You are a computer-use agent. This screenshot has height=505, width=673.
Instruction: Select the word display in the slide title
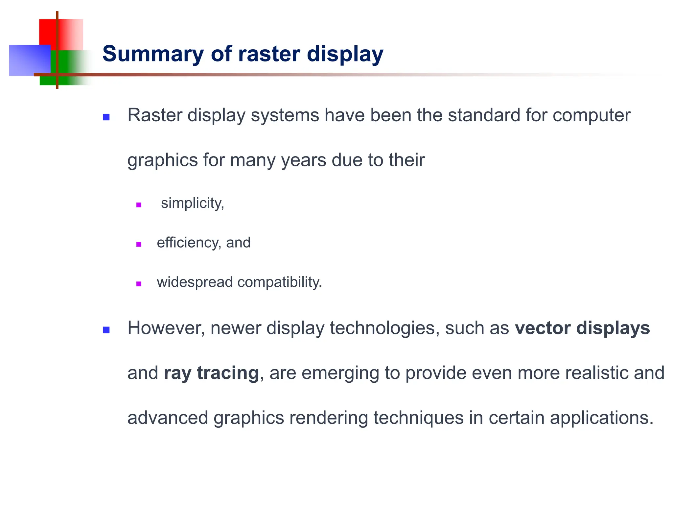[x=345, y=54]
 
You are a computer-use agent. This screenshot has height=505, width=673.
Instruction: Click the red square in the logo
[x=48, y=31]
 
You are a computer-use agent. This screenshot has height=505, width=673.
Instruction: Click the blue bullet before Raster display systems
[x=106, y=117]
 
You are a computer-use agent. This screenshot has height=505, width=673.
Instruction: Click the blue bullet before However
[x=106, y=330]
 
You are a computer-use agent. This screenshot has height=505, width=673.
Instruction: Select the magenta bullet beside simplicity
[x=139, y=205]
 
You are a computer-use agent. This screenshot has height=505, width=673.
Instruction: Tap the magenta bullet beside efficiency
[x=139, y=244]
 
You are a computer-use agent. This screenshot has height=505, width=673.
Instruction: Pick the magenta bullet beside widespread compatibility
[x=139, y=284]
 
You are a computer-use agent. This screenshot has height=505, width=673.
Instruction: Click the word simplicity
[x=192, y=203]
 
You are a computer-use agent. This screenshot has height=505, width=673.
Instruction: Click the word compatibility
[x=279, y=282]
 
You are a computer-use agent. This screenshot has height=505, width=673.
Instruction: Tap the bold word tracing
[x=228, y=373]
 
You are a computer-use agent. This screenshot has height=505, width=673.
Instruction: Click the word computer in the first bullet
[x=591, y=115]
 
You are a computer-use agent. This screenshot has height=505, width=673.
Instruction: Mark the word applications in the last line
[x=602, y=418]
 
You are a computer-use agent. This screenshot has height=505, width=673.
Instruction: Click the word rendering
[x=329, y=418]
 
